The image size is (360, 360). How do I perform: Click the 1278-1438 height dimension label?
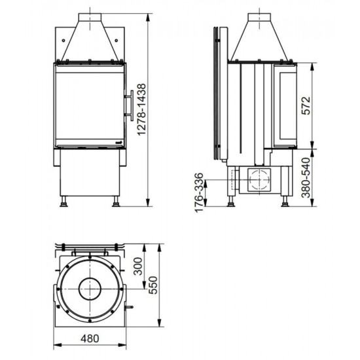142,109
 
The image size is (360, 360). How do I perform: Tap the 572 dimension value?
306,105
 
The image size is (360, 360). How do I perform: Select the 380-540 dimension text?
306,177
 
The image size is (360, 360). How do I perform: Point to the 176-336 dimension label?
199,192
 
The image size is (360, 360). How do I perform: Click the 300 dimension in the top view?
138,266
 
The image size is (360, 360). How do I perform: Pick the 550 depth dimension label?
153,285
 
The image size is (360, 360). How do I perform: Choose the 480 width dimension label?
90,338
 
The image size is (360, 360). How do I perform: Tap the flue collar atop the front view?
90,18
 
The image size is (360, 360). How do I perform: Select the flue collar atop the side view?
259,18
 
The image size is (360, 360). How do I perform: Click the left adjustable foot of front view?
63,202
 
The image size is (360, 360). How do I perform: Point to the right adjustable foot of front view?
116,202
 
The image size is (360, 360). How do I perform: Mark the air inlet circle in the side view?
259,179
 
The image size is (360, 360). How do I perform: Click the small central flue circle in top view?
90,289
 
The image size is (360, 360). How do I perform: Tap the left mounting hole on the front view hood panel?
63,41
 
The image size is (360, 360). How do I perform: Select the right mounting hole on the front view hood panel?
117,41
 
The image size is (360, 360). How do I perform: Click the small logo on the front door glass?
118,143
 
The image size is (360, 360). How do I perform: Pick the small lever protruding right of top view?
129,307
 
